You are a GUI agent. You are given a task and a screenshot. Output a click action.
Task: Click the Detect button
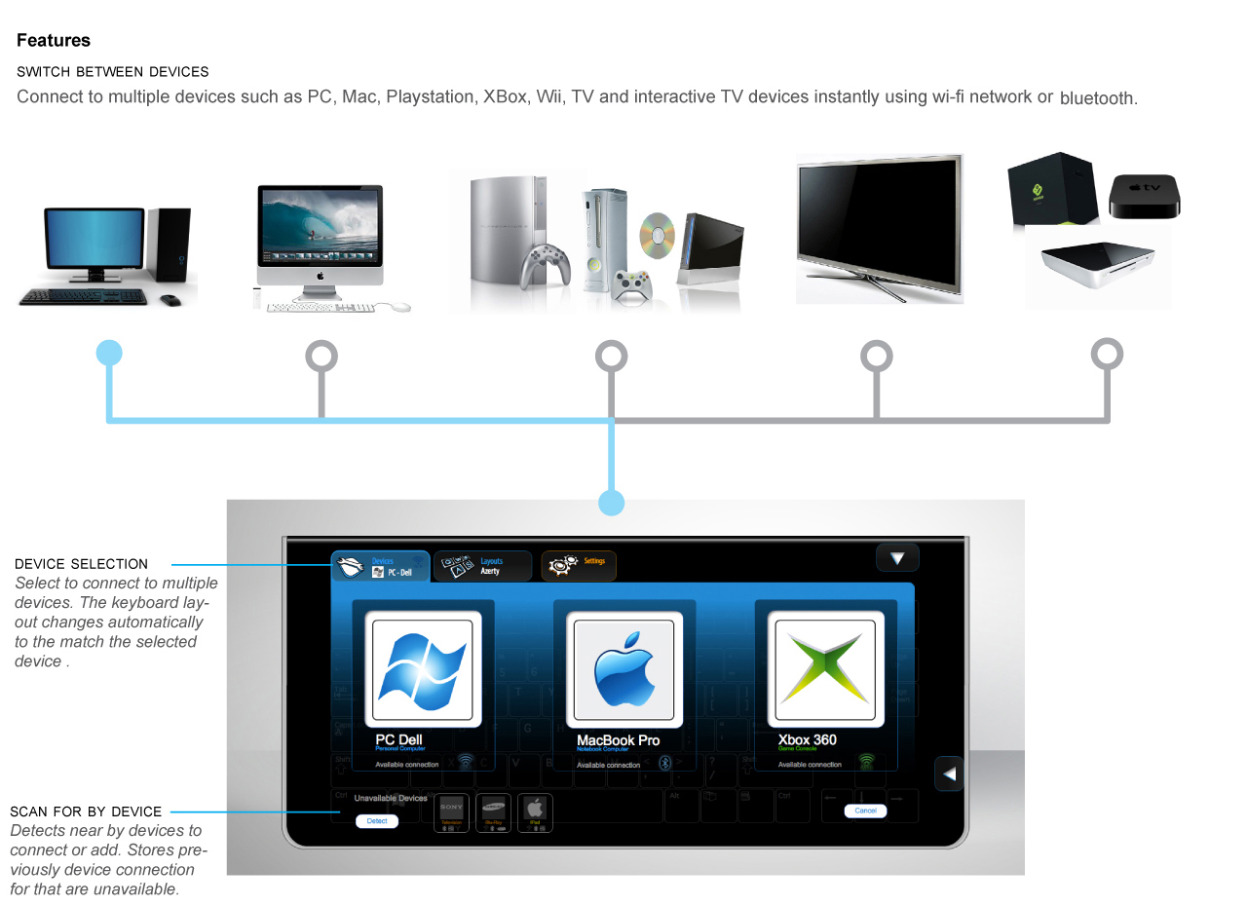click(377, 821)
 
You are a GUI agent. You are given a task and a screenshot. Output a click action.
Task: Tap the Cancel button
click(865, 811)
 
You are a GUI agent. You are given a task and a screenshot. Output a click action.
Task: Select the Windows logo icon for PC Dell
click(423, 669)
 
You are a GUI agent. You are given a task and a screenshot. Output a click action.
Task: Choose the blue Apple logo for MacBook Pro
click(624, 669)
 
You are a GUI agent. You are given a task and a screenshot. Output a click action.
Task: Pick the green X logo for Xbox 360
click(826, 669)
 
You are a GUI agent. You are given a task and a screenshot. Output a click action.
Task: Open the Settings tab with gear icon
click(579, 566)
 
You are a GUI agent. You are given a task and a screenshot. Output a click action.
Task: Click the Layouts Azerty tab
click(482, 566)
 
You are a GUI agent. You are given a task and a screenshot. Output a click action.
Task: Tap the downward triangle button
click(897, 558)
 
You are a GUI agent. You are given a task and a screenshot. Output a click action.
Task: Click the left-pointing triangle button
click(949, 774)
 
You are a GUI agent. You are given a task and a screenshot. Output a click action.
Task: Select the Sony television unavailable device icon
click(451, 812)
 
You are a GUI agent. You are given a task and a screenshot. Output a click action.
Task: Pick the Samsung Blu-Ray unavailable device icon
click(494, 812)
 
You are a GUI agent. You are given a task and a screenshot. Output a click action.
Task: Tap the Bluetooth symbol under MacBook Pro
click(665, 762)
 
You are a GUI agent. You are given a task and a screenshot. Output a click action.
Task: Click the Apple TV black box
click(1145, 196)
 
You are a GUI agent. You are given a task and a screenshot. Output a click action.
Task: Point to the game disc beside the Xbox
click(658, 236)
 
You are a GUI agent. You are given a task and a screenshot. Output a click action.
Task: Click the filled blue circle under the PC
click(110, 353)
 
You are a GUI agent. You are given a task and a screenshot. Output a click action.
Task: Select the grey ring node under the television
click(877, 356)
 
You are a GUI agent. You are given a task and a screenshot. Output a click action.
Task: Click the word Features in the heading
click(54, 41)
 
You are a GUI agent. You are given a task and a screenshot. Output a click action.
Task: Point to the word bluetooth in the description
click(1097, 98)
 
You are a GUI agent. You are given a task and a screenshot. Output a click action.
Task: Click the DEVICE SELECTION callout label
click(81, 564)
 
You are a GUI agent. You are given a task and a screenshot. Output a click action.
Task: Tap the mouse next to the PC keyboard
click(170, 300)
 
